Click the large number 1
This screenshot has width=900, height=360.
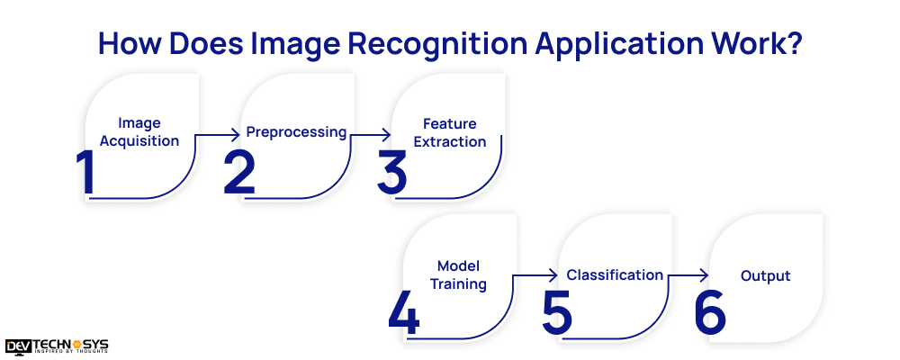(87, 172)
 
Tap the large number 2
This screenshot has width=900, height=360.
(239, 172)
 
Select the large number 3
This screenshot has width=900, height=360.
(392, 172)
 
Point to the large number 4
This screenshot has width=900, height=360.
(404, 311)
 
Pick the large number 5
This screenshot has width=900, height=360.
(557, 311)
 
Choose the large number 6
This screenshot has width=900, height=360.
(710, 311)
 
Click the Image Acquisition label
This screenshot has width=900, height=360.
(139, 131)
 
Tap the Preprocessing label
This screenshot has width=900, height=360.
(296, 132)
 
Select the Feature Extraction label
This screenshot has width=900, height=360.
(450, 132)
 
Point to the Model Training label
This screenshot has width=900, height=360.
(458, 274)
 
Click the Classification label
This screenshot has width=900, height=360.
(615, 274)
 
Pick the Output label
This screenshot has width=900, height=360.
(765, 275)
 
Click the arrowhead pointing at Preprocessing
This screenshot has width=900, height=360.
(238, 135)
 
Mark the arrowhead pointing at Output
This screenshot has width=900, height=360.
(706, 276)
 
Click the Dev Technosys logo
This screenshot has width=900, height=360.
(57, 346)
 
